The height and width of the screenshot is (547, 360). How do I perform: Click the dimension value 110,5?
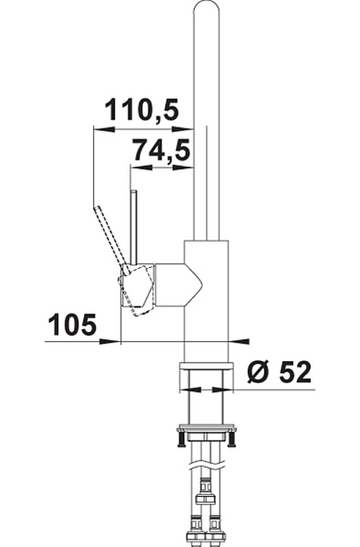(142, 110)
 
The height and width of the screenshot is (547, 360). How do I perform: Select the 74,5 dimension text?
(162, 150)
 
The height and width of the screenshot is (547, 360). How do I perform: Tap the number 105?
(72, 325)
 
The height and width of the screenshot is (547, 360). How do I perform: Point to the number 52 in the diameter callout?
(294, 372)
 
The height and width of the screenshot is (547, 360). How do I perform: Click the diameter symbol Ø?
(259, 372)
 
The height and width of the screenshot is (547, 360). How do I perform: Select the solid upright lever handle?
(134, 227)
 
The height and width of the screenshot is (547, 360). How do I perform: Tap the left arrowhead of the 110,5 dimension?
(104, 129)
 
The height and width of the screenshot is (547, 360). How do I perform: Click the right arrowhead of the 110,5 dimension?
(183, 129)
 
